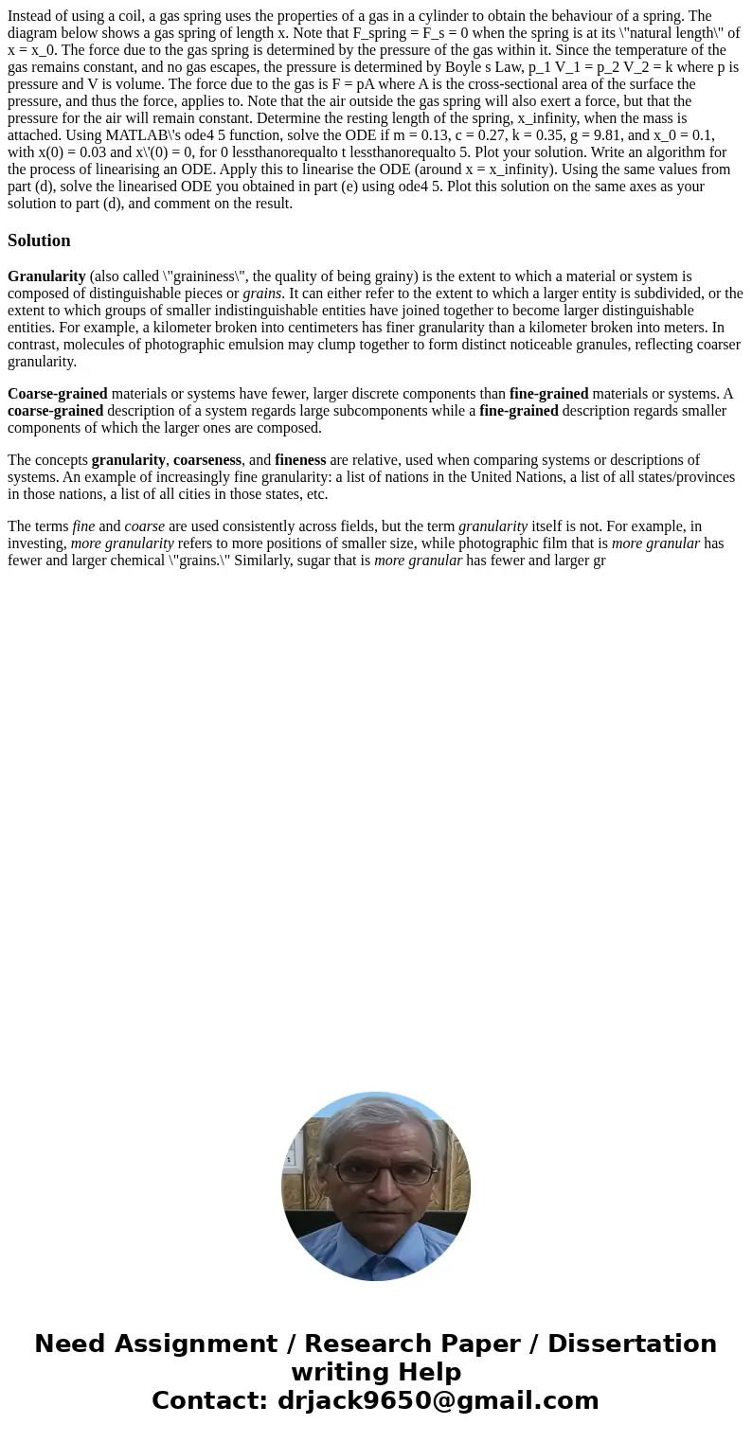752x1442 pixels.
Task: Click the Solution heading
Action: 39,240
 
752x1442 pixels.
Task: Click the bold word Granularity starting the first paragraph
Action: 46,276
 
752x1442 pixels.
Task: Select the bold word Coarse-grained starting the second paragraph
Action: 57,394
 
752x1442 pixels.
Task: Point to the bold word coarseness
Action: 207,460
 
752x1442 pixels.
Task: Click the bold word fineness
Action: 300,460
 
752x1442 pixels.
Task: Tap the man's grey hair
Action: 376,1117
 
